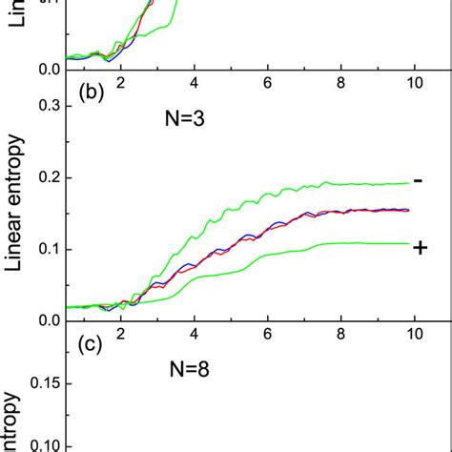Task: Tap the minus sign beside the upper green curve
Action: coord(419,180)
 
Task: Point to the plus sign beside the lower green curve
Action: coord(419,247)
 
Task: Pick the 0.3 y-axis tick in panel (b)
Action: coord(48,106)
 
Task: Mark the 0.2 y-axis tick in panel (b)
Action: coord(48,177)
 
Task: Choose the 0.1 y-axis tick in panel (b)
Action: coord(48,249)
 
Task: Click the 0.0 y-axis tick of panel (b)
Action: coord(48,320)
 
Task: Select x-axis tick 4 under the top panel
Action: coord(195,83)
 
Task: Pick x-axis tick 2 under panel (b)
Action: coord(121,334)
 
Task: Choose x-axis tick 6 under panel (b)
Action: coord(268,334)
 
